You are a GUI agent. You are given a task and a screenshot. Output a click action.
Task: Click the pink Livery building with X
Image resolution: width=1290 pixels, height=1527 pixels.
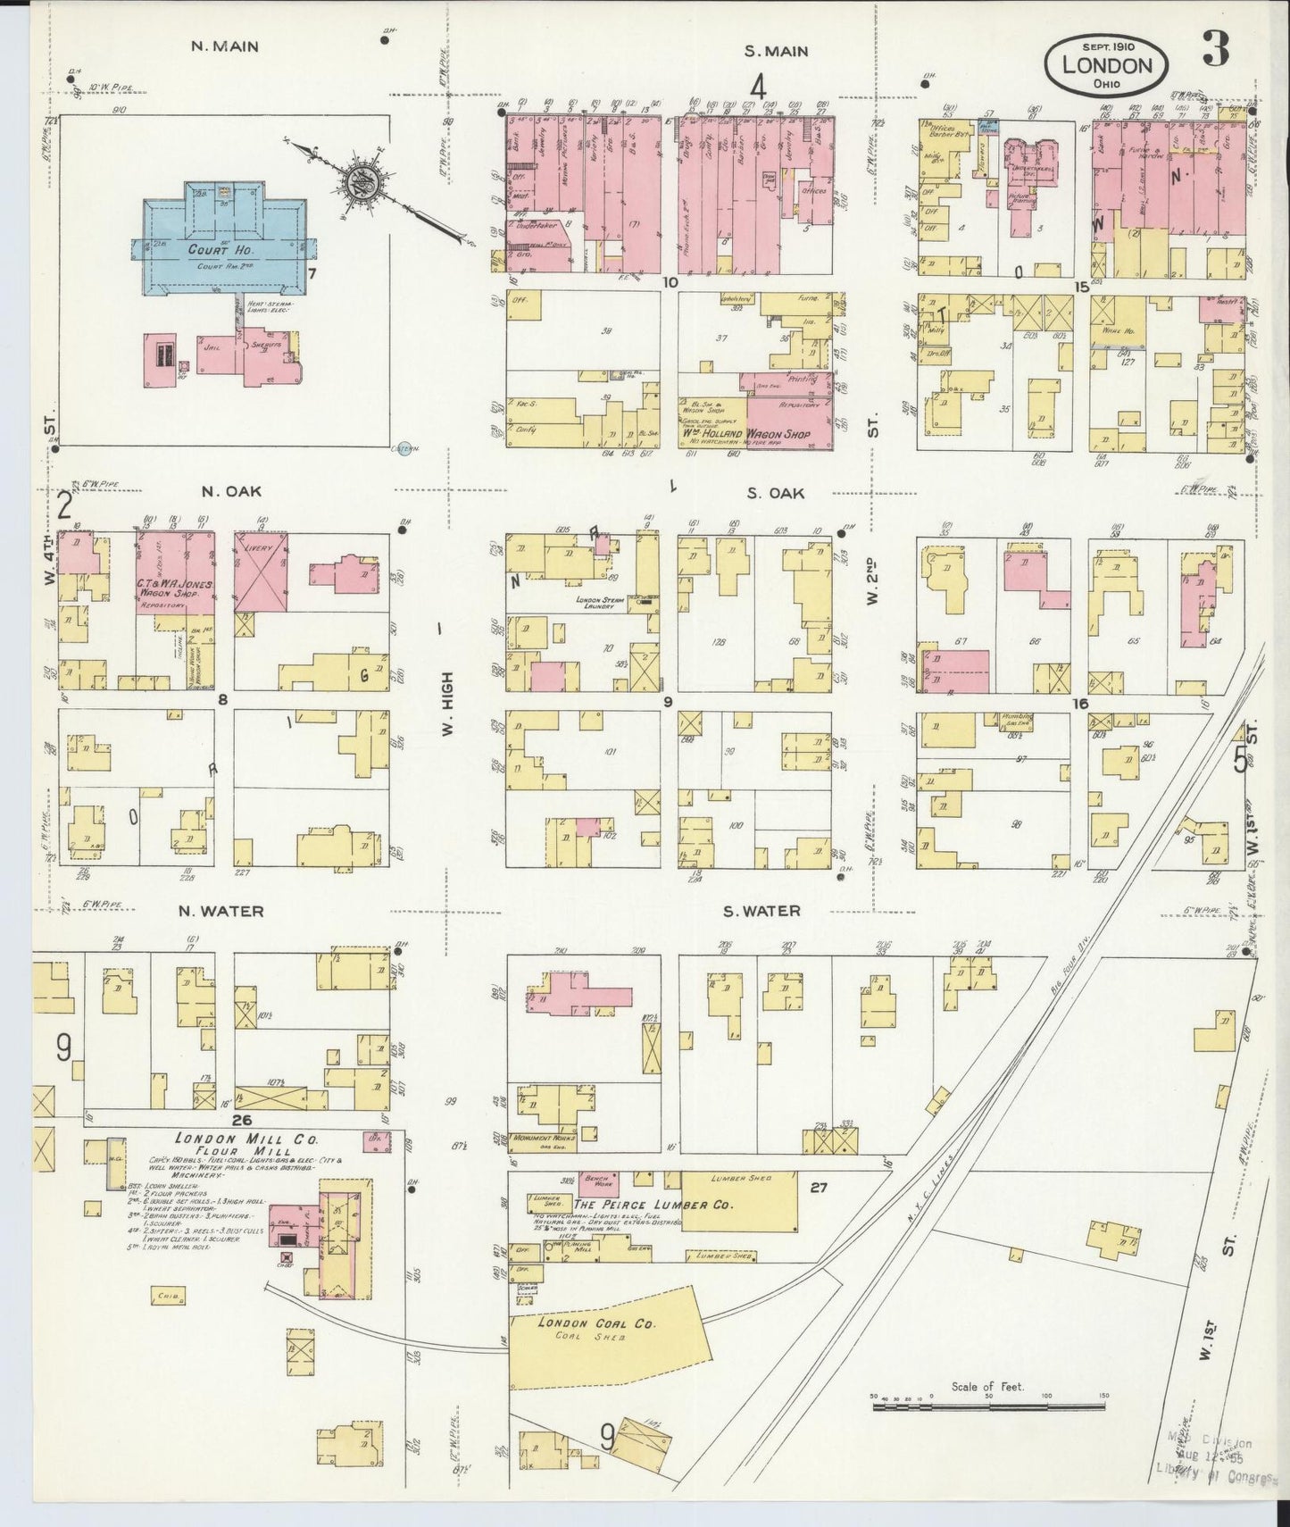(x=262, y=572)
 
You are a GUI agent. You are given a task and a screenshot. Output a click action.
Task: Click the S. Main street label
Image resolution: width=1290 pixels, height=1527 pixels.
(x=776, y=51)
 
